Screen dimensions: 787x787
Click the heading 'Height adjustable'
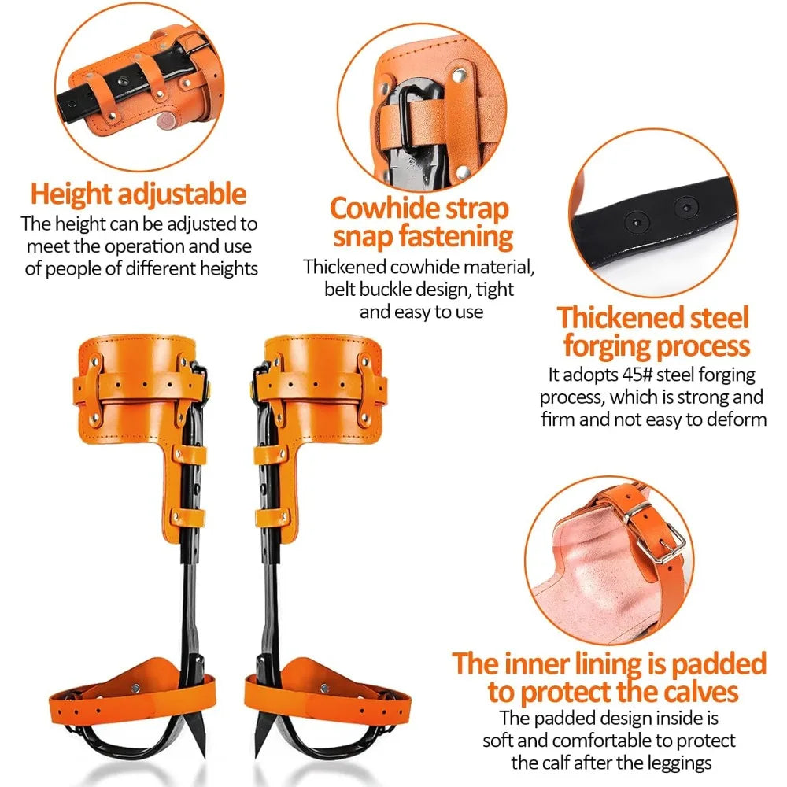tap(138, 194)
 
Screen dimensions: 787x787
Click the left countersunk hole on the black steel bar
tap(637, 221)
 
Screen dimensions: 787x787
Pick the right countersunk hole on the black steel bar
tap(685, 206)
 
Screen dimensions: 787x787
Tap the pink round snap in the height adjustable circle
tap(165, 120)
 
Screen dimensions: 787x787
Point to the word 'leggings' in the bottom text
tap(679, 763)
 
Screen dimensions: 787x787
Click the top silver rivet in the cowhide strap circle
tap(458, 76)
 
